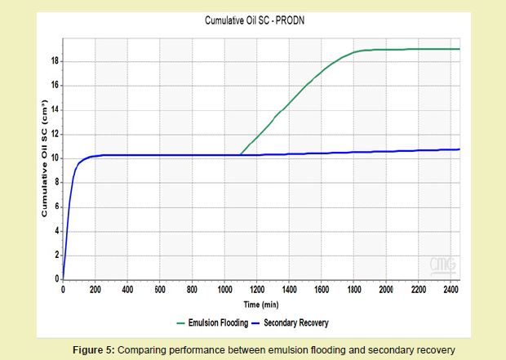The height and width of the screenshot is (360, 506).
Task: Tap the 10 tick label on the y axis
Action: click(55, 158)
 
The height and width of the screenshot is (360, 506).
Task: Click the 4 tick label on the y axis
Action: click(56, 231)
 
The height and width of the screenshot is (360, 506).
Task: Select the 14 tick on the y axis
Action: click(55, 109)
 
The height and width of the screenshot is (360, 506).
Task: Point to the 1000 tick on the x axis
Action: click(224, 289)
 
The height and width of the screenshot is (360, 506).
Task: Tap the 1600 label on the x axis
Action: click(321, 289)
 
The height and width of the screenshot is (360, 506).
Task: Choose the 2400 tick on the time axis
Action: click(449, 289)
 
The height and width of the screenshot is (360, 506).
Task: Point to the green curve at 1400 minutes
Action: click(288, 106)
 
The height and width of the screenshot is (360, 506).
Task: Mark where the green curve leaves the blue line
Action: click(240, 155)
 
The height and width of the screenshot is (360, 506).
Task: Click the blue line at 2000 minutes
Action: click(384, 151)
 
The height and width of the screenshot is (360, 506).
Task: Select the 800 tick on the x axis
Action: click(192, 289)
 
